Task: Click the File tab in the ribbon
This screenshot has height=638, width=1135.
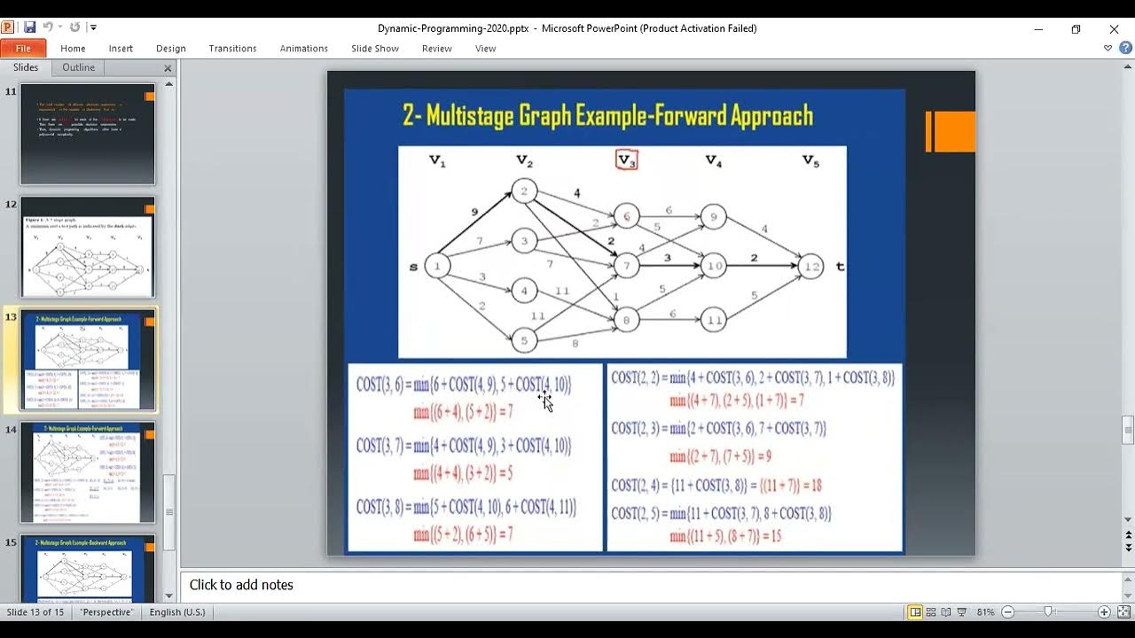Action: tap(23, 49)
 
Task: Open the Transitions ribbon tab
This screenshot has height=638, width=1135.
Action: tap(232, 49)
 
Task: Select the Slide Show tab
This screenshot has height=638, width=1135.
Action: tap(374, 49)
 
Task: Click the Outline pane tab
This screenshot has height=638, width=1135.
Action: tap(78, 67)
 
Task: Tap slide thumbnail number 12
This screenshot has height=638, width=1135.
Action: tap(87, 247)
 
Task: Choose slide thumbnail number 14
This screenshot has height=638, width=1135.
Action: tap(87, 472)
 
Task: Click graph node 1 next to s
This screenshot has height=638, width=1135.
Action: tap(437, 266)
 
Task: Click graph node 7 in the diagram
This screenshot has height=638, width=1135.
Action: tap(626, 266)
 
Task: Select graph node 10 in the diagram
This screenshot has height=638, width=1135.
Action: tap(714, 266)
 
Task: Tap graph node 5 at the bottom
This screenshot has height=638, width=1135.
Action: tap(524, 339)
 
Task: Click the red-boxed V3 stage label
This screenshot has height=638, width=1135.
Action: tap(626, 160)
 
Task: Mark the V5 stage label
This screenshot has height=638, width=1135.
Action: tap(810, 160)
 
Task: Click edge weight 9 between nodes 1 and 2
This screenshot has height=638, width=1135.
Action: tap(474, 213)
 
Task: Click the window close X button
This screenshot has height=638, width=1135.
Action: tap(1114, 28)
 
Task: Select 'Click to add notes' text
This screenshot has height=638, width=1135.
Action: tap(241, 585)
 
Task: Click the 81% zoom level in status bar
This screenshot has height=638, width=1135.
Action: tap(985, 612)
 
